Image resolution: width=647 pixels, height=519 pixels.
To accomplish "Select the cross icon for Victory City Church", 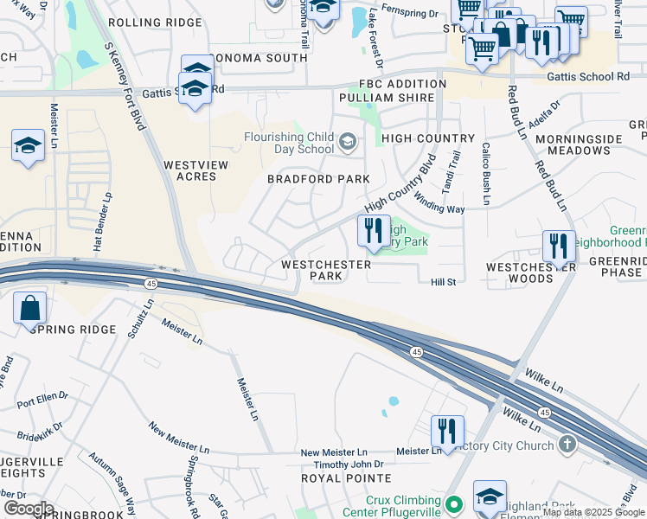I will tap(567, 444).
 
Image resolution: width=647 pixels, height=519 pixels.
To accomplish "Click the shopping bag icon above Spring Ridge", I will tap(29, 308).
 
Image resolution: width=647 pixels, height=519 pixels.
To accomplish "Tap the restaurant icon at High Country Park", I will tap(374, 231).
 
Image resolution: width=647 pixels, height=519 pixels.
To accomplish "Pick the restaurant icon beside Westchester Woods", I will tap(559, 246).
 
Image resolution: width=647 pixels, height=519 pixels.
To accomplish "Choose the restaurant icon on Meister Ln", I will tap(447, 431).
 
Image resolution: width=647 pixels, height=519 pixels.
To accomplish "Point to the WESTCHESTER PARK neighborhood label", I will tap(327, 270).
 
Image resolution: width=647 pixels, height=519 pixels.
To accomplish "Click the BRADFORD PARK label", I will tap(318, 179).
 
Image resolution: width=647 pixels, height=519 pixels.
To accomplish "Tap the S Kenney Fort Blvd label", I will tap(125, 86).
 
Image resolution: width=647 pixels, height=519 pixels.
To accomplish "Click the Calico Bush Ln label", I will tap(486, 174).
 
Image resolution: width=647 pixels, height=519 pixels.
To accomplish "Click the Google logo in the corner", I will tap(28, 509).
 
